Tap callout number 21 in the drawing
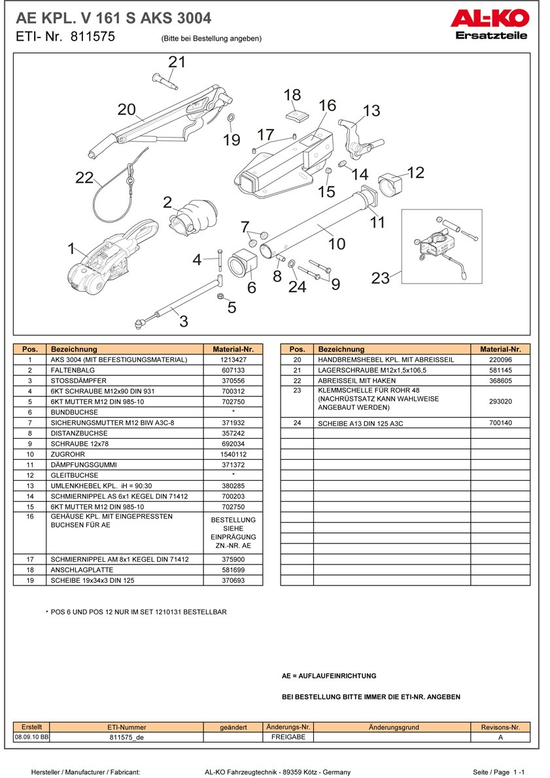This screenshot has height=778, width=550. (177, 62)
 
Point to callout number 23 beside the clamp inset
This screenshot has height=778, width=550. (381, 278)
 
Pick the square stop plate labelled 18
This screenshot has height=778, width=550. (296, 116)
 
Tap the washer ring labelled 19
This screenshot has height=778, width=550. (231, 118)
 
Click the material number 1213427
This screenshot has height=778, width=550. (233, 360)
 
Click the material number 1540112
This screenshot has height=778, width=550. (233, 454)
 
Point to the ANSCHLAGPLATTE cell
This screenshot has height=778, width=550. (79, 570)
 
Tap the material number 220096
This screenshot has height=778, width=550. (500, 360)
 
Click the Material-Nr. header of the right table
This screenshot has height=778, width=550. (500, 349)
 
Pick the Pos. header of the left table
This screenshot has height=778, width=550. (29, 349)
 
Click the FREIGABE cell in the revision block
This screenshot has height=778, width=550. (288, 737)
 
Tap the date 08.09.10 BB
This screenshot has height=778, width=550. (31, 737)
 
